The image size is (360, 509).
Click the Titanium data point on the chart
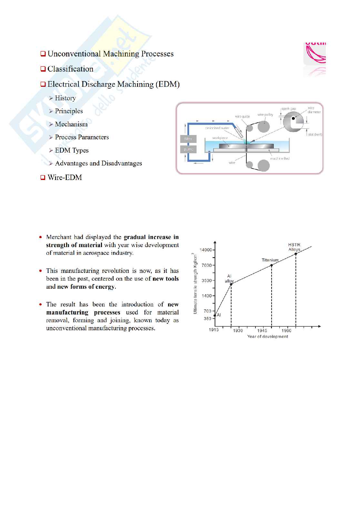point(272,265)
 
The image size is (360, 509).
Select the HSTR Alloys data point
point(296,254)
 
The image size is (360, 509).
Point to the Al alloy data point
point(231,284)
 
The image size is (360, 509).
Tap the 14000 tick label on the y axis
point(206,250)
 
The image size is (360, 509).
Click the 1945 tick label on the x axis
point(262,331)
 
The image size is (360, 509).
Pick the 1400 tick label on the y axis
point(207,296)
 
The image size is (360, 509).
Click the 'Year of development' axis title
point(267,337)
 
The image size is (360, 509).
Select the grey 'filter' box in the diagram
point(188,139)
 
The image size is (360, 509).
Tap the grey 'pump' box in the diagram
point(188,149)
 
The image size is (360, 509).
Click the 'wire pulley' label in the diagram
point(265,115)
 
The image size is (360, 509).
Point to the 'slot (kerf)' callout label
point(315,135)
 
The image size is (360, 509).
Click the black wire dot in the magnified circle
point(293,118)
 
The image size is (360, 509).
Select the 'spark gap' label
point(288,109)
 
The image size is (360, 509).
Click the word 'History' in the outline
point(65,98)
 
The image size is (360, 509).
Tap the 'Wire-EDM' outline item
point(65,177)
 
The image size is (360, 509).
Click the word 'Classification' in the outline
point(70,69)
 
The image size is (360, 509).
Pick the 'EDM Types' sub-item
point(72,150)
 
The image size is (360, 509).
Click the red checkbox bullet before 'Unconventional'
point(43,54)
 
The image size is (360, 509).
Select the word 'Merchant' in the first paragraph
point(59,237)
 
